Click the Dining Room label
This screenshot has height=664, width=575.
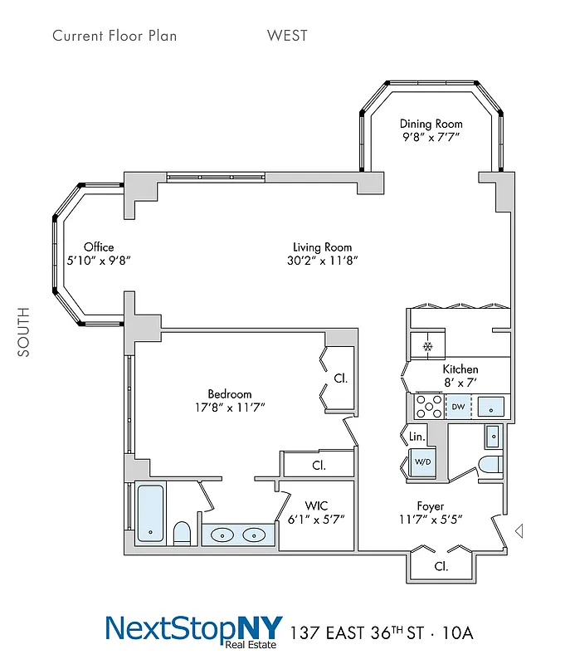point(431,124)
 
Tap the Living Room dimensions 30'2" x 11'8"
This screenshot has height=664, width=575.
point(322,261)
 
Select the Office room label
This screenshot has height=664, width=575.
point(99,247)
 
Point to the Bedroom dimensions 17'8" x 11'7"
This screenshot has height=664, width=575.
point(230,408)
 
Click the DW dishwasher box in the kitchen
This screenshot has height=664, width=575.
point(458,407)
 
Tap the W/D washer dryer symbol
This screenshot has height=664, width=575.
point(422,461)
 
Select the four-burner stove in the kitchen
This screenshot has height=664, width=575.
point(429,406)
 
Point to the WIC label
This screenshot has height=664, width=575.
point(317,505)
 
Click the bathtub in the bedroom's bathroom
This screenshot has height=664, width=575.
point(151,514)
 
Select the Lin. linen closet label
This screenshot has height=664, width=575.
point(417,437)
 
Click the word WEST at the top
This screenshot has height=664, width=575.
point(287,36)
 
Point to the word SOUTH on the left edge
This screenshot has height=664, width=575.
point(23,332)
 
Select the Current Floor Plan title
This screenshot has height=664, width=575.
point(115,36)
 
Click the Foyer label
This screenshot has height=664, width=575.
point(430,505)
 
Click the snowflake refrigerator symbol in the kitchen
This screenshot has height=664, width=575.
point(428,346)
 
